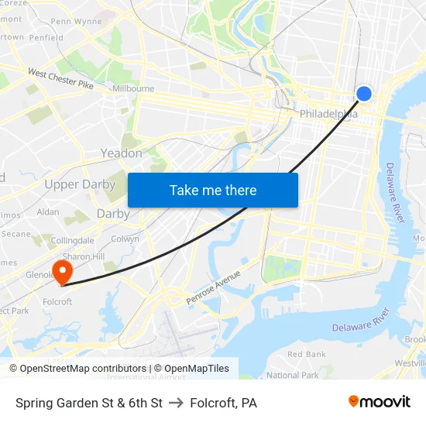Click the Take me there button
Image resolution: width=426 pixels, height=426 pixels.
(213, 190)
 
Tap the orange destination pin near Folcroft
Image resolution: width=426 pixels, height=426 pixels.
(61, 272)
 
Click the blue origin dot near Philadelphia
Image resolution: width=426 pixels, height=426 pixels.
(363, 94)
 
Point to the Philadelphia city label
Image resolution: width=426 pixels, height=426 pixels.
(329, 114)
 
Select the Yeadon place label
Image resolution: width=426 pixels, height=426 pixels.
(122, 153)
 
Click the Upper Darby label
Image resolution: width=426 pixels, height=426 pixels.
(80, 184)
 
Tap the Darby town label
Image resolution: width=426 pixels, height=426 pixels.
(113, 214)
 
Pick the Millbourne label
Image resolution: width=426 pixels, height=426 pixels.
(133, 89)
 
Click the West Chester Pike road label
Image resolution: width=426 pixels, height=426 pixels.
(60, 78)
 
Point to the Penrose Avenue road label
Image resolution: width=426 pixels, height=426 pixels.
(213, 287)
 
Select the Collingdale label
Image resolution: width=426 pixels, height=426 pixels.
(73, 241)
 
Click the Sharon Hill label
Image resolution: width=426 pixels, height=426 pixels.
(84, 256)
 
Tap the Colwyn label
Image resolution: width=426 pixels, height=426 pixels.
(125, 239)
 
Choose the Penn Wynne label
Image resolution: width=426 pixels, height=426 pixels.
(76, 22)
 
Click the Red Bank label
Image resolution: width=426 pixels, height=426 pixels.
(306, 354)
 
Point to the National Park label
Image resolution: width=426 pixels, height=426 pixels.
(293, 375)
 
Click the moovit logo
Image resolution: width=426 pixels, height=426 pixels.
(380, 402)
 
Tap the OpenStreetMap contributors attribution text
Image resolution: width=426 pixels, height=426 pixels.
(77, 369)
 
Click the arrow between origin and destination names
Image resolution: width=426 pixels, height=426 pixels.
(176, 403)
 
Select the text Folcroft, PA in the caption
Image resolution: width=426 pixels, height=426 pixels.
(223, 403)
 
